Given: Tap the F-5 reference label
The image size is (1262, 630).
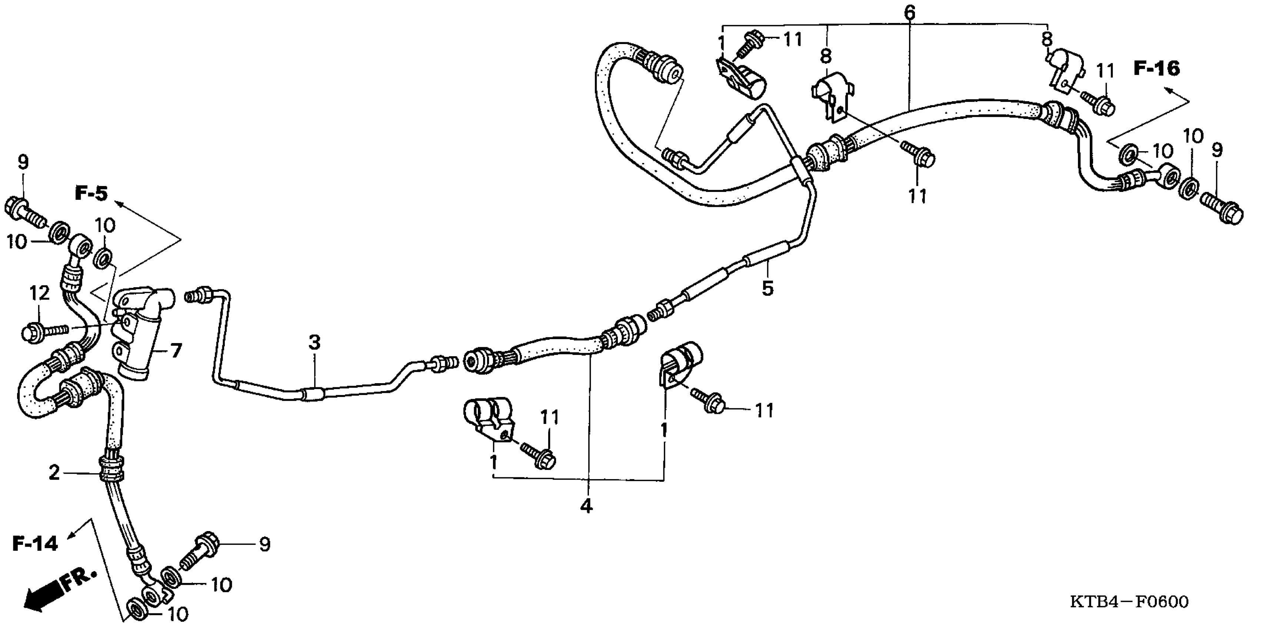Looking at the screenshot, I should (x=91, y=194).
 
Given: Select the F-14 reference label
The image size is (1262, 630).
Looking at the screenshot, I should (x=35, y=543).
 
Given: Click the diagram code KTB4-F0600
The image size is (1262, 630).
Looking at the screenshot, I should (x=1129, y=601).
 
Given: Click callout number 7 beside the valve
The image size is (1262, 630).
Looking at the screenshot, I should (x=175, y=351).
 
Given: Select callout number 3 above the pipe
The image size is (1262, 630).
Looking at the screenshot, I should (x=314, y=342).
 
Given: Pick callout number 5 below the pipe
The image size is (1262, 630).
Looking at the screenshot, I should (x=767, y=288).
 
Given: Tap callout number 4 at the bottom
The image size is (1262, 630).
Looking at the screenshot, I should (x=586, y=505).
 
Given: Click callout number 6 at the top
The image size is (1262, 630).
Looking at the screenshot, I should (x=909, y=12).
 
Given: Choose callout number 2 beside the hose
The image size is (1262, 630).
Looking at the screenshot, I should (x=54, y=473).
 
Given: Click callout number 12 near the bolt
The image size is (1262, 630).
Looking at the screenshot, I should (x=39, y=293).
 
